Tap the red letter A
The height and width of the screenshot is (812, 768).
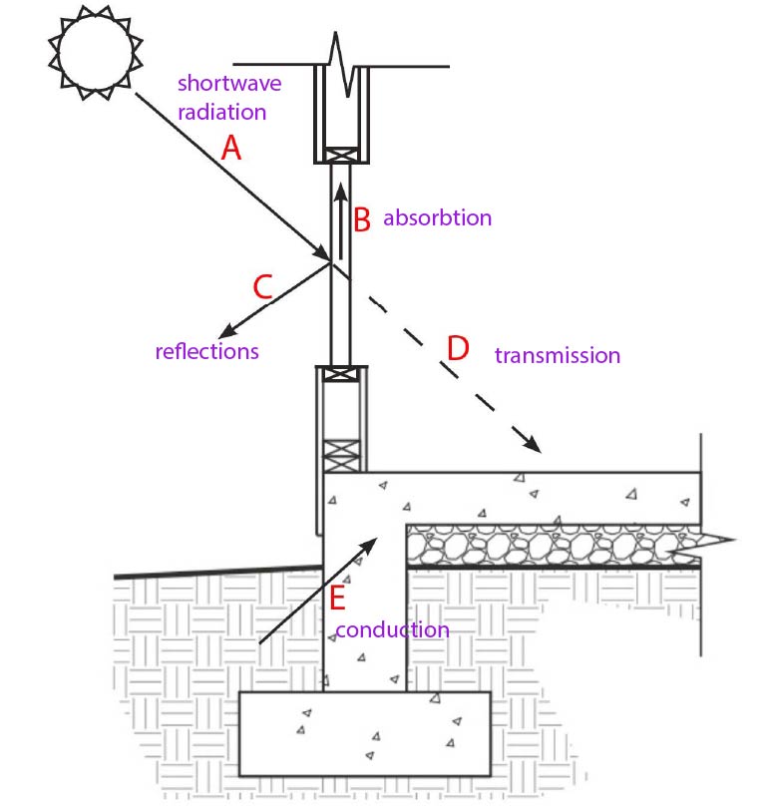231,149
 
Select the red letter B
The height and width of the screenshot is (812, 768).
363,218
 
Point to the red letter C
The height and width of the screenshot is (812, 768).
262,287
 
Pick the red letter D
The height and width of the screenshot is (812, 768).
458,348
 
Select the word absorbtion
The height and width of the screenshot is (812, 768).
438,217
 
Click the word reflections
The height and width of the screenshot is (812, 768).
207,351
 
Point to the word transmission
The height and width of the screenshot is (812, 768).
558,355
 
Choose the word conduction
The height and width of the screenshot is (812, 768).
392,630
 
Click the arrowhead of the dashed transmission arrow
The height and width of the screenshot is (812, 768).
532,446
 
